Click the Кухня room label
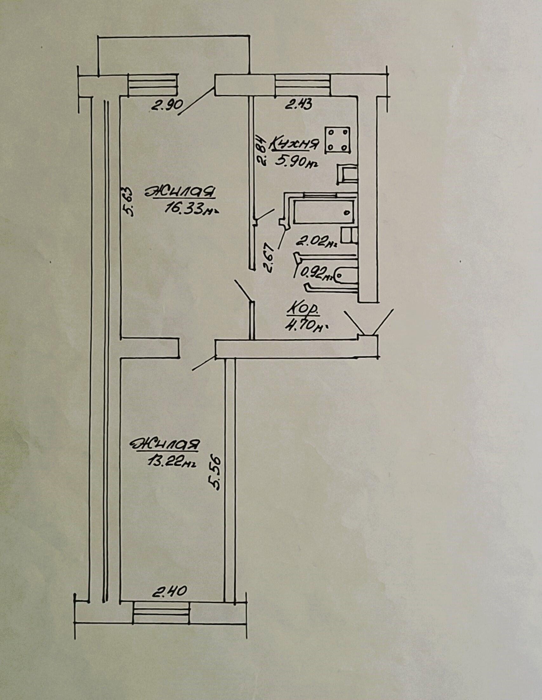(294, 144)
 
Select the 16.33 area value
(191, 209)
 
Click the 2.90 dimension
(167, 105)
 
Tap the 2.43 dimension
(299, 104)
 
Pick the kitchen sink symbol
(347, 174)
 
